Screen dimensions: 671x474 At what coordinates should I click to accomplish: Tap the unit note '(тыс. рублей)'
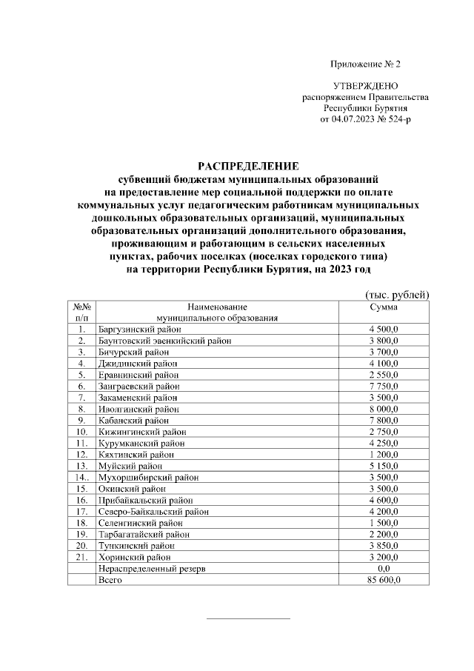(x=398, y=296)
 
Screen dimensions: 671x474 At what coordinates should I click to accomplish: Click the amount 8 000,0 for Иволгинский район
(x=383, y=408)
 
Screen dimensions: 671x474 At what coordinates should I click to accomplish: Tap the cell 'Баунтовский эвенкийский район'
(x=164, y=341)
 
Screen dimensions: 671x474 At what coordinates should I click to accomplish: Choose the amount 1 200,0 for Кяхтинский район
(x=383, y=454)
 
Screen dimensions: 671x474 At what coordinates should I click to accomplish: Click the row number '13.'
(x=82, y=466)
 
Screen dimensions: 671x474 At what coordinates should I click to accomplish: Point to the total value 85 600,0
(x=383, y=580)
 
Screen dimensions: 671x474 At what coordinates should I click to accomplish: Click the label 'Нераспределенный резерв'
(x=151, y=569)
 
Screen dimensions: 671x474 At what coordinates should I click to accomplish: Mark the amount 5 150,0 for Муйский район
(x=383, y=466)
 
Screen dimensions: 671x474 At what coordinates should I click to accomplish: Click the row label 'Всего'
(x=110, y=580)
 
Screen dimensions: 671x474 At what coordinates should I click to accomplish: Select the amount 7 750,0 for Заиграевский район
(x=383, y=386)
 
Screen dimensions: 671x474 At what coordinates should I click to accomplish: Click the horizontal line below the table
(x=248, y=618)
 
